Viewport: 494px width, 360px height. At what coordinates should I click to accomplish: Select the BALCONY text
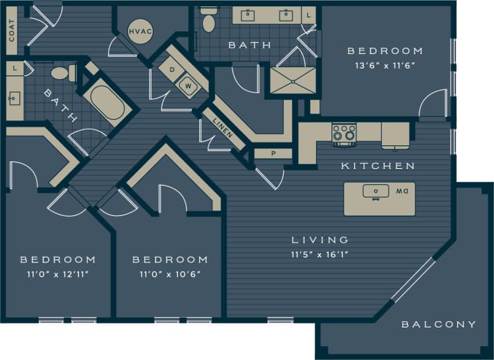coord(439,324)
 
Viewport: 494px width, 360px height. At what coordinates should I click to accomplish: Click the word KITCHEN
coord(378,166)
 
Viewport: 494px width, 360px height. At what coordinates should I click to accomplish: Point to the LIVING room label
coord(320,240)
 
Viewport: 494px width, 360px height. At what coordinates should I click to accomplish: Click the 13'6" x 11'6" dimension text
coord(385,66)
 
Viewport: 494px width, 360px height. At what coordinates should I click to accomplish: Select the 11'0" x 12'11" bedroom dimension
coord(57,274)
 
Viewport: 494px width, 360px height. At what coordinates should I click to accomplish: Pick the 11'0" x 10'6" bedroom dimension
coord(170,274)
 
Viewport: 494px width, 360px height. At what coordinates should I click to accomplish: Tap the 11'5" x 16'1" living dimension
coord(320,255)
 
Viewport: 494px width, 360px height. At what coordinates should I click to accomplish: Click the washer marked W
coord(187,86)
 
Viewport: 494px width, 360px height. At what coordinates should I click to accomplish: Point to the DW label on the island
coord(401,191)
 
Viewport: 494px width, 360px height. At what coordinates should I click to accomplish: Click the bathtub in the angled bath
coord(107,103)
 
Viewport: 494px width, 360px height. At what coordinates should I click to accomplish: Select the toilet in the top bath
coord(208,22)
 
